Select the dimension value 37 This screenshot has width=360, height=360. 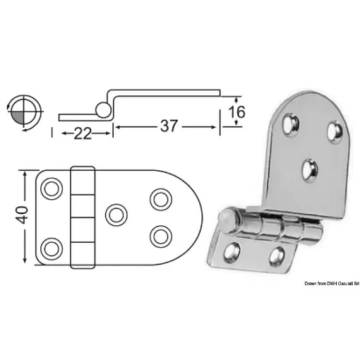point(167,126)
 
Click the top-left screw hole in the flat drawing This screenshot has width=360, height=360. point(52,188)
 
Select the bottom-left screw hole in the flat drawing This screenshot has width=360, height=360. point(52,246)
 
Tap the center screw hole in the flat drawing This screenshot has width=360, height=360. point(113,213)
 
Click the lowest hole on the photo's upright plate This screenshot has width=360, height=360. point(308,169)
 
